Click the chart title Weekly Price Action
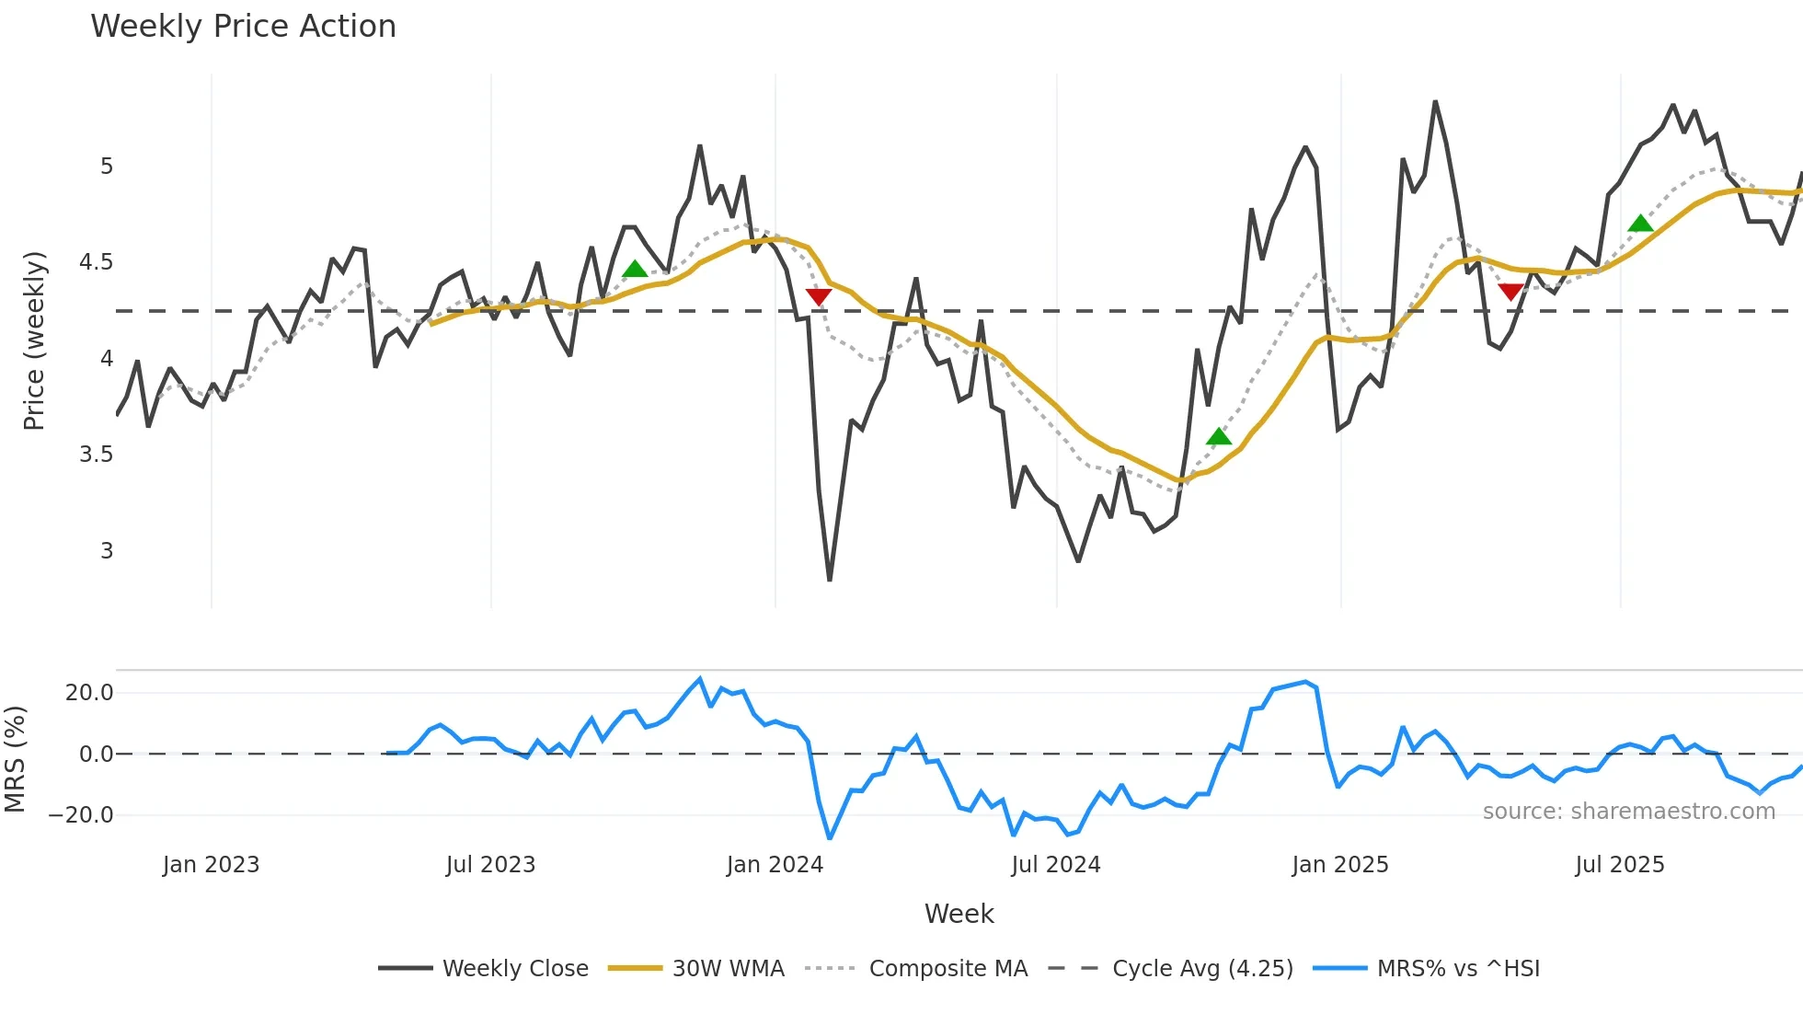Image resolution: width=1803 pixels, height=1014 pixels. click(x=243, y=27)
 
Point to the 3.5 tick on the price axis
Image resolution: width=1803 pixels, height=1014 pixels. click(x=96, y=455)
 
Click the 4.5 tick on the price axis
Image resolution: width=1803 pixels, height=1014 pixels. click(x=96, y=262)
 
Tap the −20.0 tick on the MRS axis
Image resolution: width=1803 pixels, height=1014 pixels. click(x=81, y=815)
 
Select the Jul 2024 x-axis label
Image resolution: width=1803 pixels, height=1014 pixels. click(x=1055, y=865)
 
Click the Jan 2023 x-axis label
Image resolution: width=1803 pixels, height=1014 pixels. click(x=211, y=865)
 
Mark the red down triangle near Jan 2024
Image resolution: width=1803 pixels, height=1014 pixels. click(x=819, y=296)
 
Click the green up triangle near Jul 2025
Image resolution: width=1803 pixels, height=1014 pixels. click(x=1640, y=224)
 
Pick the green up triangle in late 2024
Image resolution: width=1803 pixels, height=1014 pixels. click(x=1218, y=436)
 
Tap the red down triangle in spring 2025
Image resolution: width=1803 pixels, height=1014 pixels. click(x=1510, y=292)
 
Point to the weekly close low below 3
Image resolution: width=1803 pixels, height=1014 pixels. click(x=830, y=579)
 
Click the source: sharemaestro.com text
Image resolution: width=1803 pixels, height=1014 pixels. click(x=1628, y=812)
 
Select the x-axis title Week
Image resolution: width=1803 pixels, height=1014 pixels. click(x=959, y=914)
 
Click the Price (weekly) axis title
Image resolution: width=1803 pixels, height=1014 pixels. click(x=34, y=340)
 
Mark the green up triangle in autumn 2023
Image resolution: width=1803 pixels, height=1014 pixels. click(x=635, y=269)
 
